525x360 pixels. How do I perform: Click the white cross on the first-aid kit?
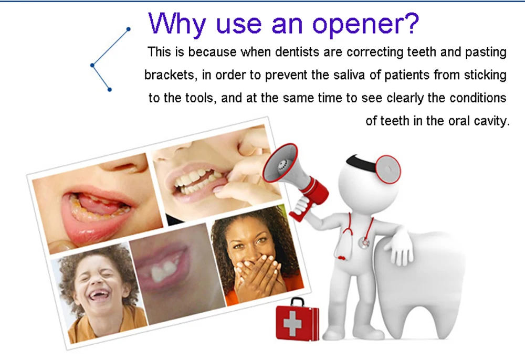292,323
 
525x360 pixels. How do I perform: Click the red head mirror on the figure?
387,169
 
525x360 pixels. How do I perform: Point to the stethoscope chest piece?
364,242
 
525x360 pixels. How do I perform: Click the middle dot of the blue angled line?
92,65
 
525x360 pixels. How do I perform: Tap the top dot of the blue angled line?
128,29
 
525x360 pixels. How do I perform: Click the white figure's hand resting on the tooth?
400,250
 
